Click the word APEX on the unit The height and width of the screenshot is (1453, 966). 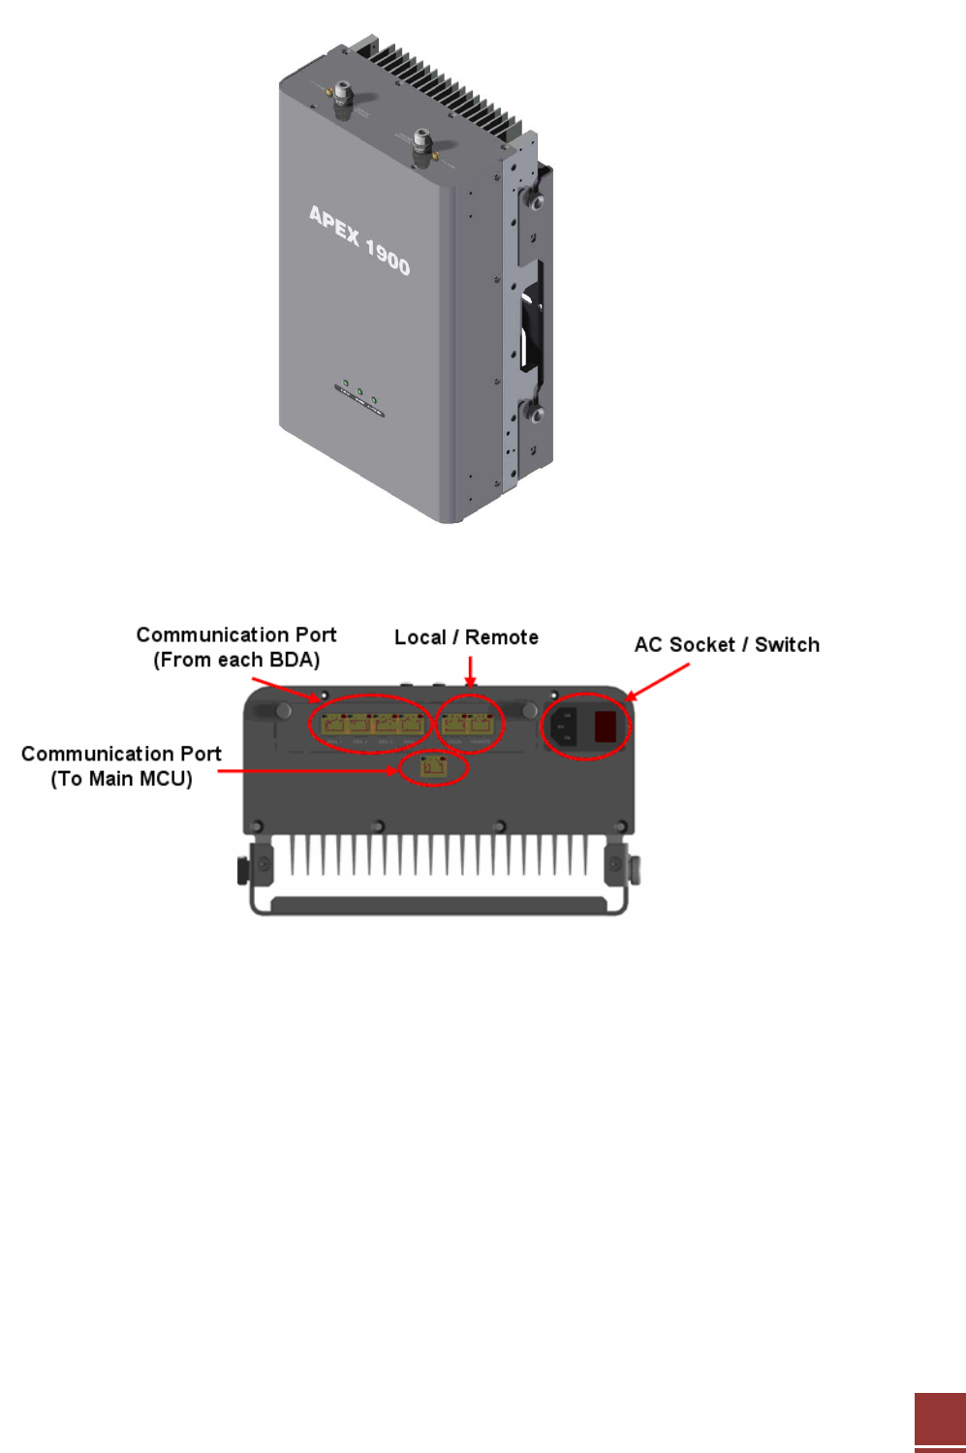[x=334, y=225]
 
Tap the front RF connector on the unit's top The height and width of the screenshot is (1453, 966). [x=421, y=142]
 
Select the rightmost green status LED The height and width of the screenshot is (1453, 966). [x=374, y=399]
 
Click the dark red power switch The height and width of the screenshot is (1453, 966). [x=606, y=726]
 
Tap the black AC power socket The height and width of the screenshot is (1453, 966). [x=563, y=726]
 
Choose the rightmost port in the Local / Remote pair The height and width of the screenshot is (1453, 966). [x=482, y=724]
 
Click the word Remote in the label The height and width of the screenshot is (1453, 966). [x=501, y=637]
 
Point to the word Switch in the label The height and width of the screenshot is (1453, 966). [x=787, y=645]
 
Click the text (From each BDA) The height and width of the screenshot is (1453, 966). [x=236, y=661]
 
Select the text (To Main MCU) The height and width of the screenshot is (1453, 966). [x=121, y=779]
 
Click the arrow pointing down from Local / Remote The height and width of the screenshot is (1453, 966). [x=470, y=672]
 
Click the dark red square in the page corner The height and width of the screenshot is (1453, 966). [x=940, y=1419]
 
